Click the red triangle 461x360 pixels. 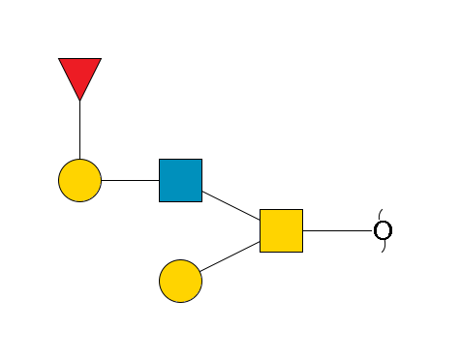[79, 75]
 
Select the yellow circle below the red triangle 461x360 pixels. [79, 180]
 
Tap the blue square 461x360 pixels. [180, 180]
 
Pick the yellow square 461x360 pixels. [281, 230]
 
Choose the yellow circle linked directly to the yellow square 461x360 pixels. [180, 281]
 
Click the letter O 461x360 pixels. [383, 230]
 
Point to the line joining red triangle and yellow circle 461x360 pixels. [79, 130]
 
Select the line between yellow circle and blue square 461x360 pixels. [130, 180]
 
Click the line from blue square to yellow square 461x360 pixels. [230, 205]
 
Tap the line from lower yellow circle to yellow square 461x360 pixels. [230, 255]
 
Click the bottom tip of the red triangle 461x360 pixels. [79, 100]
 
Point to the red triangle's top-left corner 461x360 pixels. [59, 59]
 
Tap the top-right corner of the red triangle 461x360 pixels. [101, 59]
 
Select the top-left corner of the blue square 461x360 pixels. [160, 160]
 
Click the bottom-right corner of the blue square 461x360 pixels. [201, 201]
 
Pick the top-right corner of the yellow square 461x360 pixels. [302, 210]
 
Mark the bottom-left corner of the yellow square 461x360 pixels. [261, 252]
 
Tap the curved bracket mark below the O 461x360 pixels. [381, 248]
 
